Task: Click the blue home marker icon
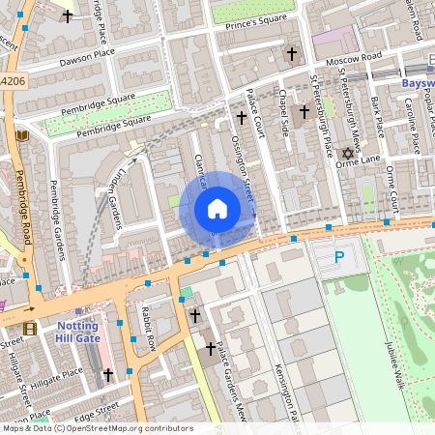(x=217, y=209)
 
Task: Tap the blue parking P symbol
(x=338, y=257)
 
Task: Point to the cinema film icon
(x=29, y=329)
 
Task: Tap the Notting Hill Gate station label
(x=76, y=333)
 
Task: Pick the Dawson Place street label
(x=86, y=60)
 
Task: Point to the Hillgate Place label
(x=59, y=373)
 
